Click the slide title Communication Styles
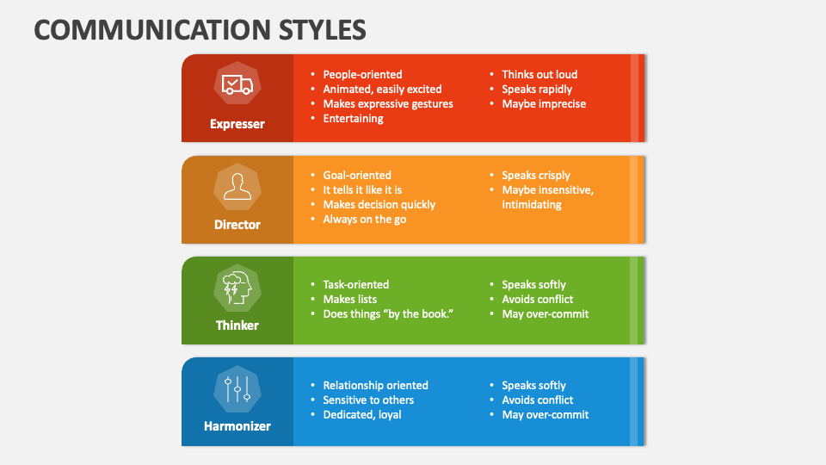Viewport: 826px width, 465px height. coord(200,28)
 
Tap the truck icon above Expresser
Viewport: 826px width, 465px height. coord(237,84)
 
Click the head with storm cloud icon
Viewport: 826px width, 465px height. coord(237,287)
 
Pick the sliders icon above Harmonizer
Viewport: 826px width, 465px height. coord(237,388)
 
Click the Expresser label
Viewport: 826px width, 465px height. coord(237,124)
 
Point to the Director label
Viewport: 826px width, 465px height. coord(237,225)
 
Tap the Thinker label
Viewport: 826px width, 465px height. coord(237,325)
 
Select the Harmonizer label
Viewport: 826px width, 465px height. coord(237,426)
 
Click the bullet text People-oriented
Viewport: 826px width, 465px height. coord(362,75)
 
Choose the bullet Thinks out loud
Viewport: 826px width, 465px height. coord(539,75)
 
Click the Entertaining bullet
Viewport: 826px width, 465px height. coord(353,119)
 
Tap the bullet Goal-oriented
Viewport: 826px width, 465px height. coord(357,176)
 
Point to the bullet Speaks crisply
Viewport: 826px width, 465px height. coord(536,176)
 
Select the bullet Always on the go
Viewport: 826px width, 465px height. coord(365,220)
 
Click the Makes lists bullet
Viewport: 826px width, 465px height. coord(350,300)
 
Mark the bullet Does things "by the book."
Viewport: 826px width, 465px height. coord(388,314)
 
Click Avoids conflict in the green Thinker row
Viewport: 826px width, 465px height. coord(538,300)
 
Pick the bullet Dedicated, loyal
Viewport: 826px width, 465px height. coord(362,415)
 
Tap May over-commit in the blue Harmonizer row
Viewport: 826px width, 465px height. coord(546,415)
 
